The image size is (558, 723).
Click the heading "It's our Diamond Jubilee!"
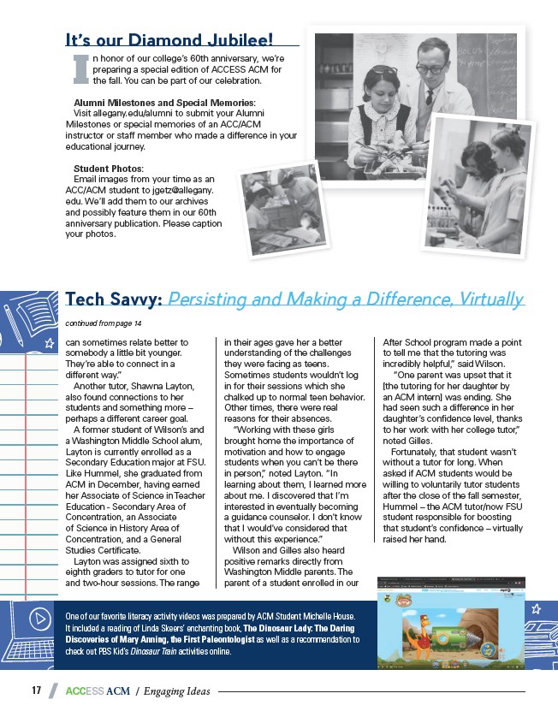pyautogui.click(x=169, y=39)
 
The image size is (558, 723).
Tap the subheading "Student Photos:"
pyautogui.click(x=109, y=168)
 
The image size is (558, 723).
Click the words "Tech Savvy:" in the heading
pyautogui.click(x=114, y=299)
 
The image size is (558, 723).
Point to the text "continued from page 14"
pyautogui.click(x=104, y=323)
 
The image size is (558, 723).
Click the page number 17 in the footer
pyautogui.click(x=37, y=690)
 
